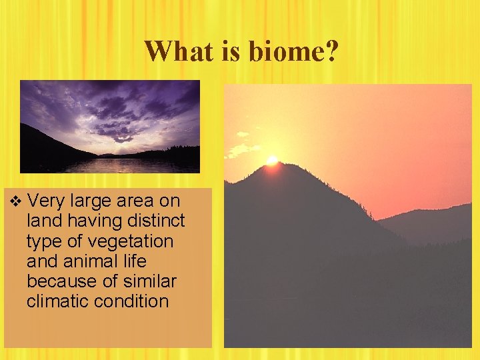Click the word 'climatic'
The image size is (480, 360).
[57, 301]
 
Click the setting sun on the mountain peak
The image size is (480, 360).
[272, 160]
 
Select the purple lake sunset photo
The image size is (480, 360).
[109, 127]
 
